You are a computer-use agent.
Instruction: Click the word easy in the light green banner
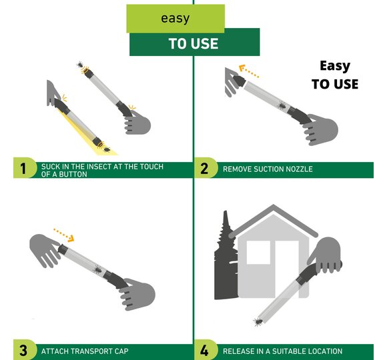coord(175,19)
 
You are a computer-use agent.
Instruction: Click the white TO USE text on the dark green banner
coord(193,43)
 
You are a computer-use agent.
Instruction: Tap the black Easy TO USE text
coord(335,75)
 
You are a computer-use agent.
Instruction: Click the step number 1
coord(23,169)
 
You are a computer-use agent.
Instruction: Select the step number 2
coord(204,169)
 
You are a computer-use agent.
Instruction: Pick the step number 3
coord(23,351)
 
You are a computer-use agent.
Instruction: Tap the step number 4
coord(204,351)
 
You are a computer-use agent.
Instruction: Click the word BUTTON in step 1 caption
coord(73,174)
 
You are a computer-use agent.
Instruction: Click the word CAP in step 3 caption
coord(121,351)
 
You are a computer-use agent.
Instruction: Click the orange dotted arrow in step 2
coord(248,71)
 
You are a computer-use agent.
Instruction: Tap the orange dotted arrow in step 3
coord(64,235)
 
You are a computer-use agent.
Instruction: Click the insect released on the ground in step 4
coord(258,321)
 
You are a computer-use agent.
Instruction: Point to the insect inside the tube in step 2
coord(282,106)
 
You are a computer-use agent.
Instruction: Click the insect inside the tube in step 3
coord(97,270)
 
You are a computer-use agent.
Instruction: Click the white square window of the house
coord(258,252)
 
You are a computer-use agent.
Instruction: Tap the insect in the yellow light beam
coord(107,149)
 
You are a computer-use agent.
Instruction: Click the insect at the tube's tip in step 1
coord(80,65)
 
